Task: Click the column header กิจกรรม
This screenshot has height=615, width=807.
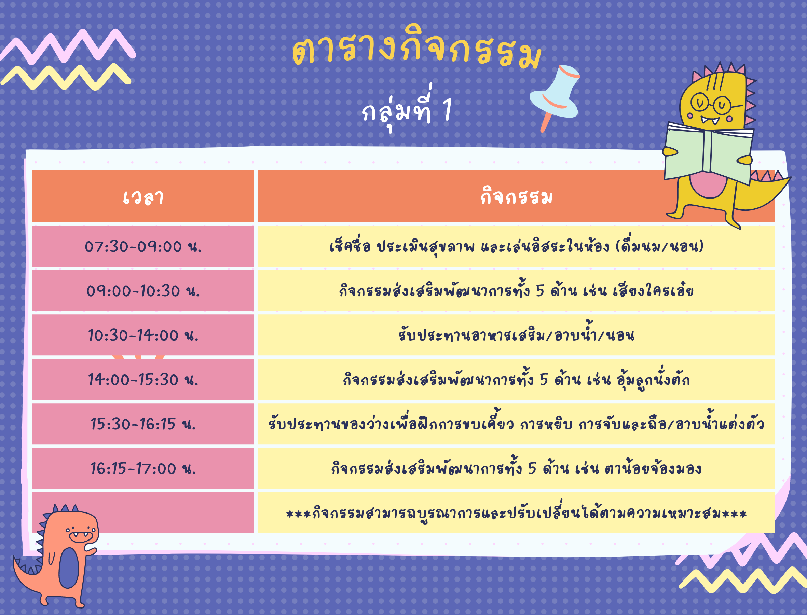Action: click(x=516, y=196)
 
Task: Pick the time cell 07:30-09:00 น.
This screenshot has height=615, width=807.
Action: click(x=143, y=246)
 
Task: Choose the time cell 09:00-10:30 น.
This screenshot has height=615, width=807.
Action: click(x=143, y=291)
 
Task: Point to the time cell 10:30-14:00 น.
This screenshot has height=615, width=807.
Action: click(x=143, y=335)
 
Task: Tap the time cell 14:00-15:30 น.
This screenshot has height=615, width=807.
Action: click(x=143, y=379)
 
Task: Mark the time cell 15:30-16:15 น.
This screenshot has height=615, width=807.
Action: click(x=143, y=424)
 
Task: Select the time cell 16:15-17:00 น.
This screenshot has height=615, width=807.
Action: click(x=143, y=468)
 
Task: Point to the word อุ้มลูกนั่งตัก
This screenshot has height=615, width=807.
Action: click(x=653, y=379)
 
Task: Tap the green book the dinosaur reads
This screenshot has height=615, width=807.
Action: click(x=709, y=154)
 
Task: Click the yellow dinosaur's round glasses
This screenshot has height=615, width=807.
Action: click(x=710, y=103)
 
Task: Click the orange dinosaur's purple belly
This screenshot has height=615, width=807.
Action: click(x=69, y=568)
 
